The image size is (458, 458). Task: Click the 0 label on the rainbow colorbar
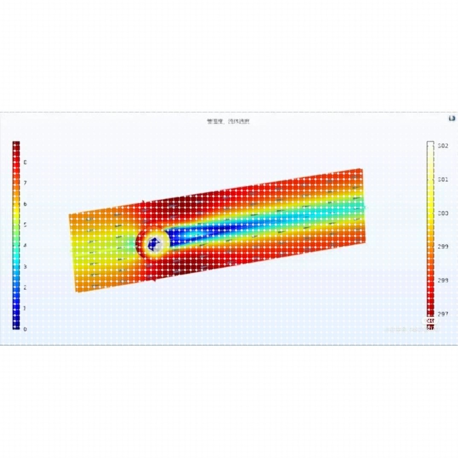point(25,329)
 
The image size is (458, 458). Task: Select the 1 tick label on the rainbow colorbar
point(25,308)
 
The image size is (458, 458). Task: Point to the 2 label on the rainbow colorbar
point(25,287)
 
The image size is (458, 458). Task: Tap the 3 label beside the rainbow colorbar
point(25,266)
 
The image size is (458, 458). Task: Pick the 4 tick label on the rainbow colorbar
point(25,245)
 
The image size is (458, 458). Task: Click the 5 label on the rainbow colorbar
point(25,225)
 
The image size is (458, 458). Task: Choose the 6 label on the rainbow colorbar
point(25,204)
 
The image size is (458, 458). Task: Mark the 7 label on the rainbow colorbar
point(25,183)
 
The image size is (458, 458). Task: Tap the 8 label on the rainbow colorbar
point(25,162)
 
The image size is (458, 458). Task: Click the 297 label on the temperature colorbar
point(443,314)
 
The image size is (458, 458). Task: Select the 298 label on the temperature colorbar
point(443,280)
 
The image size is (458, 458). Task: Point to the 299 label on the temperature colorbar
point(443,247)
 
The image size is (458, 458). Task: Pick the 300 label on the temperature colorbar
point(443,213)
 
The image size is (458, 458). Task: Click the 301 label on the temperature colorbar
point(443,180)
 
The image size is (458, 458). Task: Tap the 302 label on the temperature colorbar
point(443,146)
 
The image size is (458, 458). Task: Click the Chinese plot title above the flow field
point(228,122)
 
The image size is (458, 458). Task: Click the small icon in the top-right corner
point(452,118)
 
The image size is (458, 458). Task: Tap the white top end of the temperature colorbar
point(430,145)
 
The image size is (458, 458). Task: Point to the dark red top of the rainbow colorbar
point(16,145)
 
